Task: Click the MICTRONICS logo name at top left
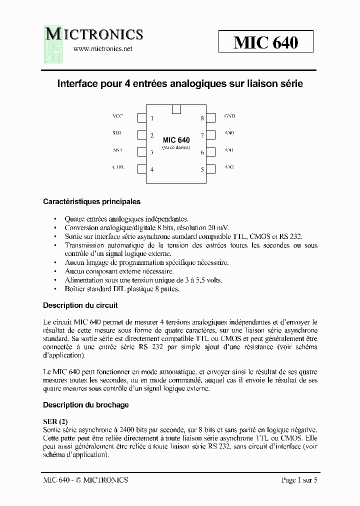coord(94,34)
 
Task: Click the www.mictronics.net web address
coord(102,49)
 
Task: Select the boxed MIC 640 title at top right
coord(265,42)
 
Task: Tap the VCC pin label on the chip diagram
coord(117,116)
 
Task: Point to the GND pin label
coord(229,116)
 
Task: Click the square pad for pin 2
coord(141,135)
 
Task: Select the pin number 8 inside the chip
coord(202,118)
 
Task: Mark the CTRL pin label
coord(118,167)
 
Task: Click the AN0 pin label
coord(229,133)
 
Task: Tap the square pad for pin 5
coord(211,169)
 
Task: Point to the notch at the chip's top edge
coord(176,109)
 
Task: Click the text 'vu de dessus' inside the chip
coord(176,147)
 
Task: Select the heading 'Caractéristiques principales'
coord(91,202)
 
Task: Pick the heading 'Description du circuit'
coord(80,305)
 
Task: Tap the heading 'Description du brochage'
coord(86,405)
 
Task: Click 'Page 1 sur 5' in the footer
coord(299,480)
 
